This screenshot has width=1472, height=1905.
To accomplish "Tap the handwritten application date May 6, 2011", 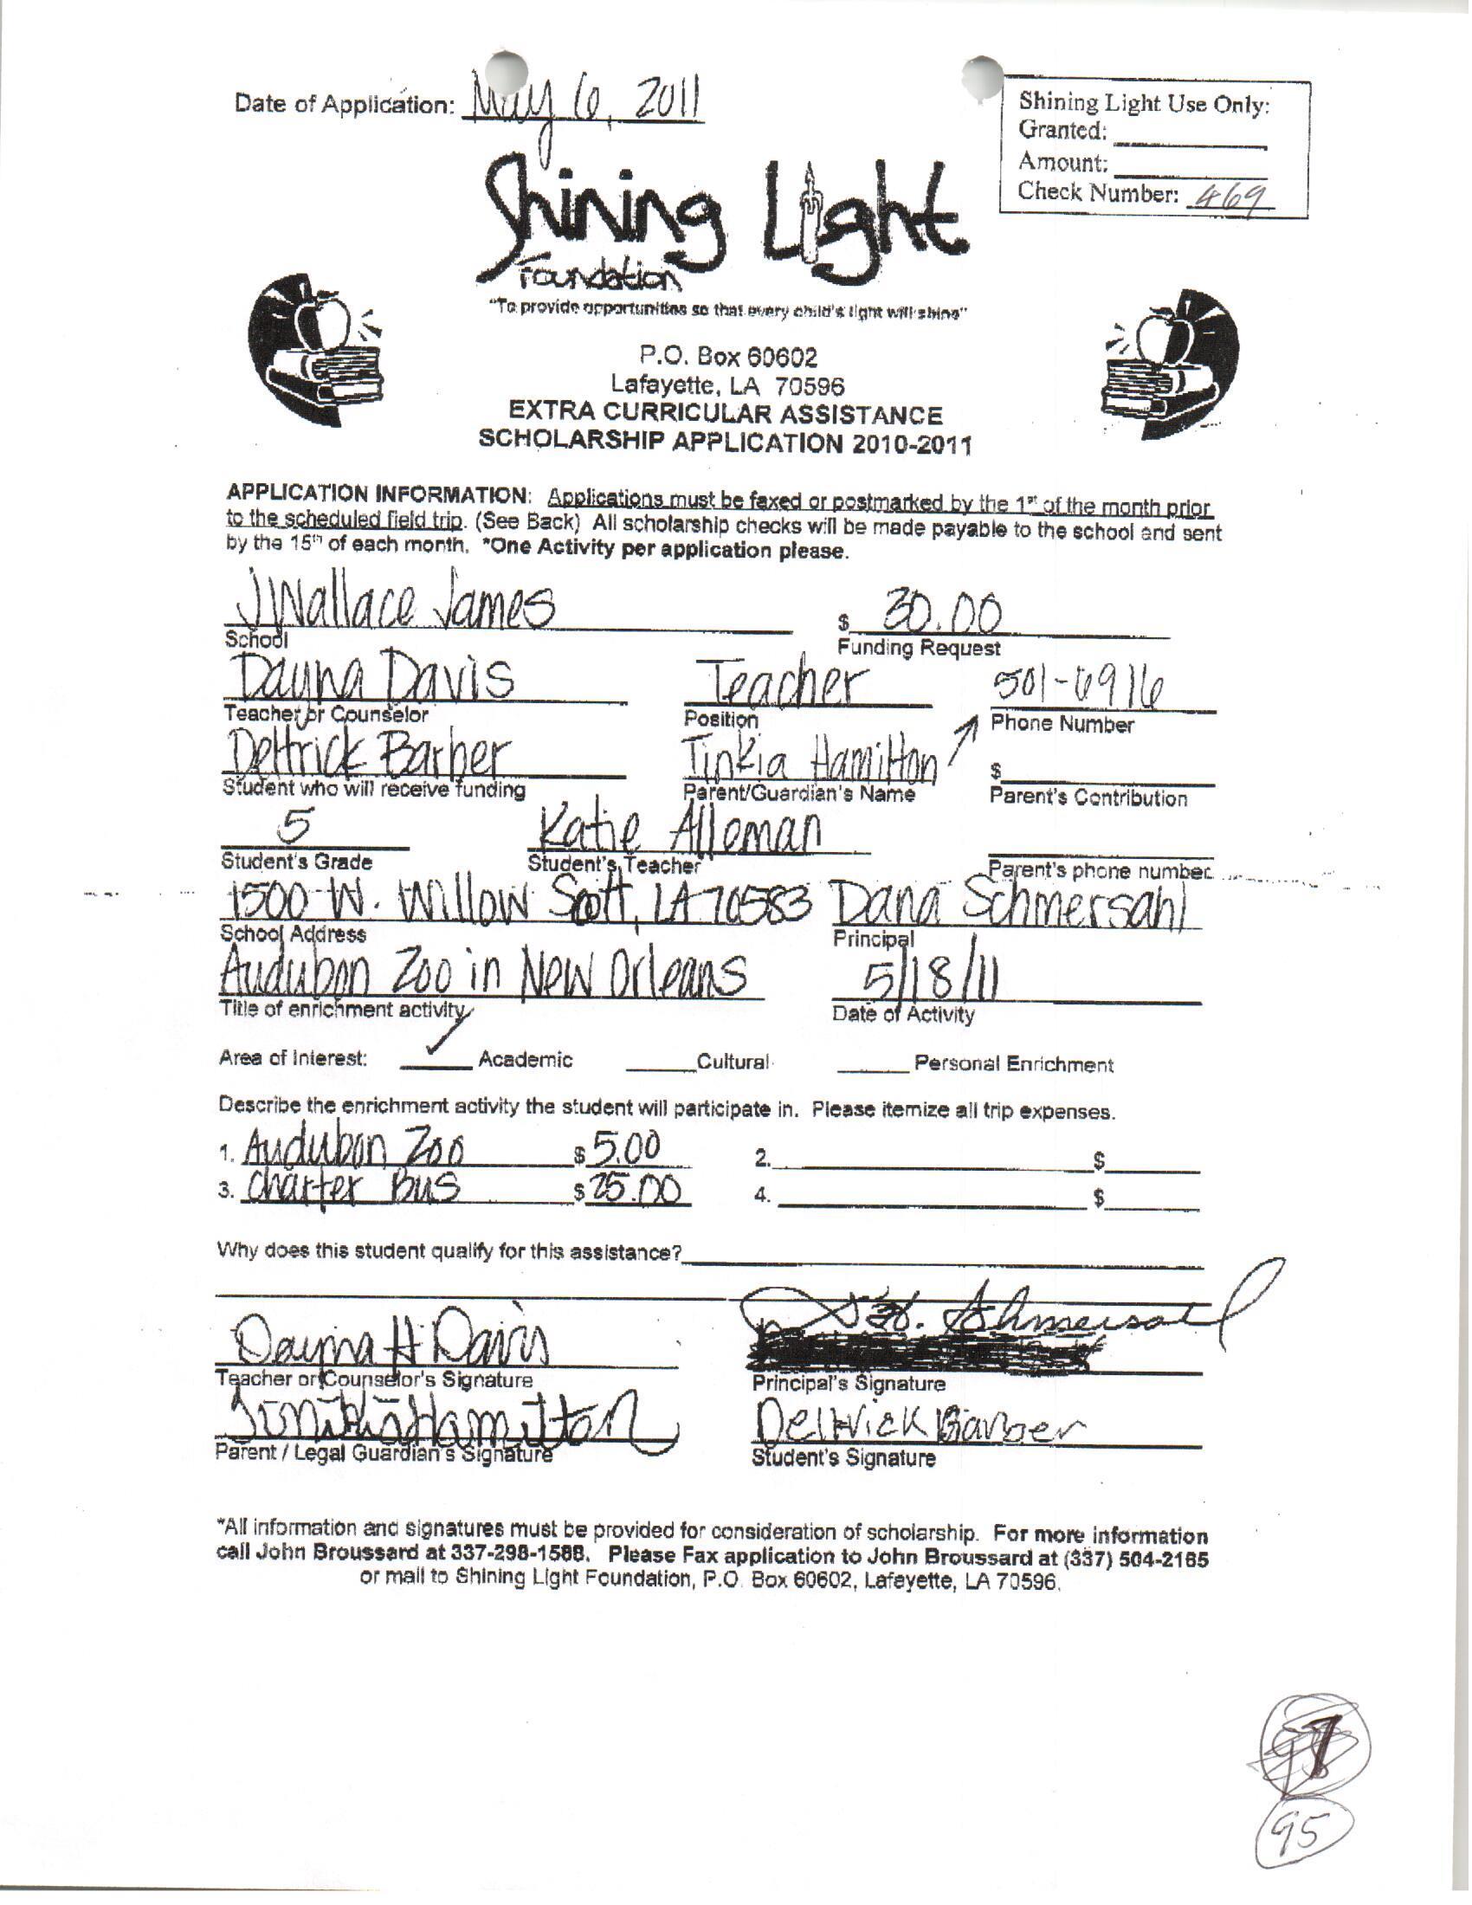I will pyautogui.click(x=583, y=107).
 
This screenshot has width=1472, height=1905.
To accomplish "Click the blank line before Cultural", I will pyautogui.click(x=659, y=1069).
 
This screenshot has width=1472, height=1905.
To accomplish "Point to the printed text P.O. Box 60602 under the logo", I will pyautogui.click(x=728, y=357).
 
